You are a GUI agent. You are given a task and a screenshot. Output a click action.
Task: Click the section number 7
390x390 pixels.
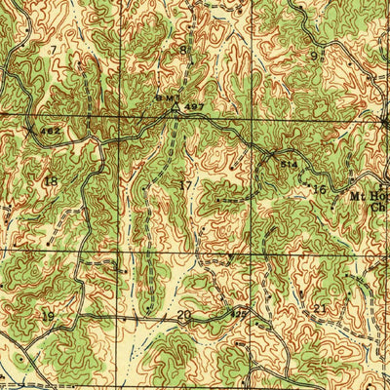[53, 47]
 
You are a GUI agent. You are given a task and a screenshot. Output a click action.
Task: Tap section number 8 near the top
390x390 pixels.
[182, 49]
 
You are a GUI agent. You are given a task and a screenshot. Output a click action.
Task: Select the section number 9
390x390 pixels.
[313, 56]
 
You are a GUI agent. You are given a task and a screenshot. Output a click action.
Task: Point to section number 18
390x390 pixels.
[51, 180]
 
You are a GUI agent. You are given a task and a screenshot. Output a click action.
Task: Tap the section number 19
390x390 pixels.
[47, 315]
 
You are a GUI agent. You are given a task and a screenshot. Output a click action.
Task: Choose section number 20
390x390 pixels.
[184, 314]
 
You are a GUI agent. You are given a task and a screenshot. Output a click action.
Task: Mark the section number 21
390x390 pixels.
[321, 309]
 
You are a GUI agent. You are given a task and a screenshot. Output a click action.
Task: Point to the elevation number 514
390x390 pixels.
[289, 166]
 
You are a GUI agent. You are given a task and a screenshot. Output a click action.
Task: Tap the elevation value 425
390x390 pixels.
[239, 313]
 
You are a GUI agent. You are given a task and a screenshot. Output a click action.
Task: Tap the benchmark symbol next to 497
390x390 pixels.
[175, 108]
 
